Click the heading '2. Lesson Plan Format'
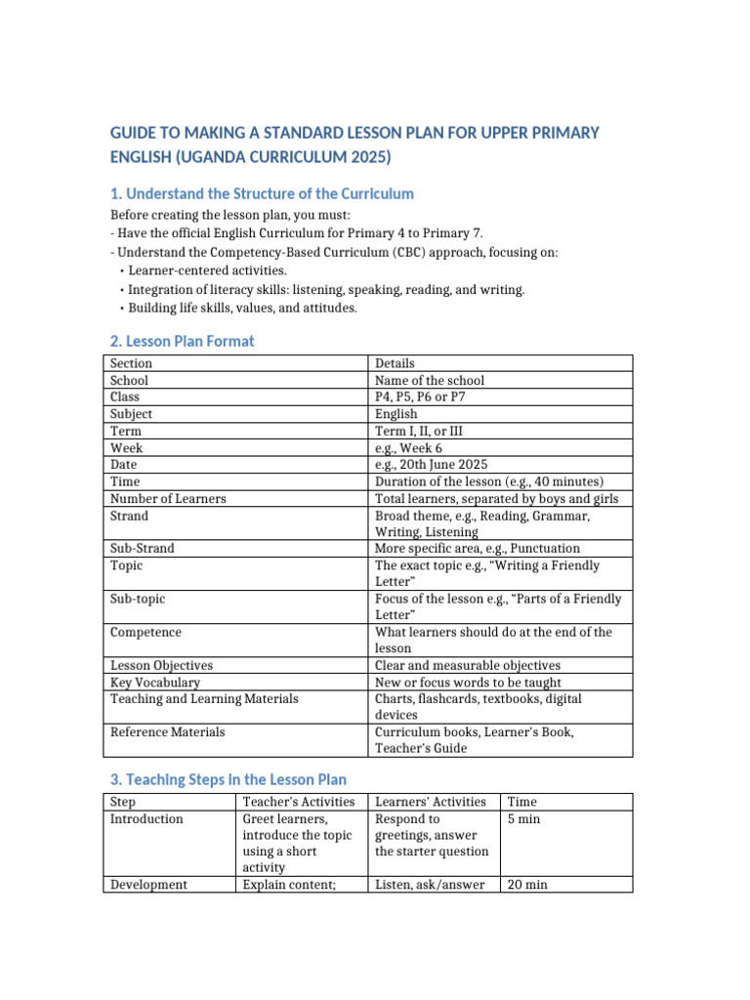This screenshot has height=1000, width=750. (x=182, y=341)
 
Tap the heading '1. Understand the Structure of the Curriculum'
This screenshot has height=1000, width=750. (x=262, y=193)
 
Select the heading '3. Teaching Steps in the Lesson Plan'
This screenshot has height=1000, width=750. (x=228, y=779)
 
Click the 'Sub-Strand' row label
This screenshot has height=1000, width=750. (x=143, y=549)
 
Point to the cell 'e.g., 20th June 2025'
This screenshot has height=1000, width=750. (x=432, y=465)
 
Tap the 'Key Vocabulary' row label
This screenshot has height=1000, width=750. (x=155, y=683)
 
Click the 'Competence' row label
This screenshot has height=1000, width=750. (x=146, y=633)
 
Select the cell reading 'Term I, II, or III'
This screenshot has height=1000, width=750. (x=424, y=431)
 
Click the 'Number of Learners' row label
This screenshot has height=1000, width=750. (x=168, y=499)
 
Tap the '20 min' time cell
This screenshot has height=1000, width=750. (x=527, y=885)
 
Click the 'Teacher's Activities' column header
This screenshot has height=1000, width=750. (x=298, y=802)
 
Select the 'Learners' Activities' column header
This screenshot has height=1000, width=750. (x=431, y=802)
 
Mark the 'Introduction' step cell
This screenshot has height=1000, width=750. (x=146, y=819)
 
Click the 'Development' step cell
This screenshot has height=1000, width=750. (x=148, y=885)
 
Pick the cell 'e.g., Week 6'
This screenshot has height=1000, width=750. (x=408, y=448)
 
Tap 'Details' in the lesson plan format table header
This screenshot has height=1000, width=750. (x=395, y=363)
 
